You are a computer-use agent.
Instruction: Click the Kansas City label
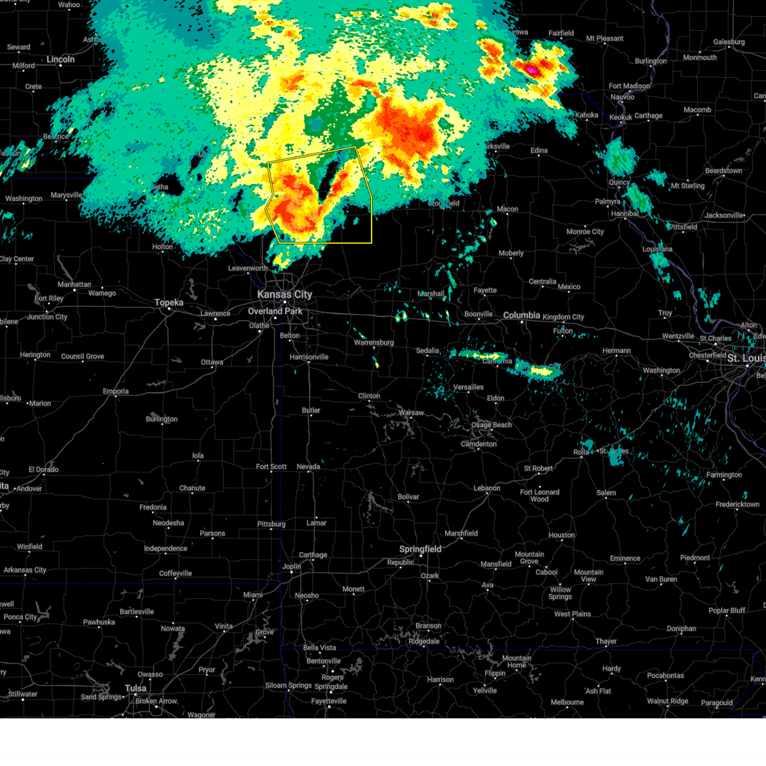285,294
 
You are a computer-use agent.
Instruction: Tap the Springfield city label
420,549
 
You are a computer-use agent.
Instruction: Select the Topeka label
169,303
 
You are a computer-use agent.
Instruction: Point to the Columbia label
522,315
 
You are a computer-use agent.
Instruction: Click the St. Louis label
746,358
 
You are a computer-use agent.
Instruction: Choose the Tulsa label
135,688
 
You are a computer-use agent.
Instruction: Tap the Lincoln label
61,59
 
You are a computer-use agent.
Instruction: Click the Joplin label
292,566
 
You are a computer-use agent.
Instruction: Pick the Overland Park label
275,311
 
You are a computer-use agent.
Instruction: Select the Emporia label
116,391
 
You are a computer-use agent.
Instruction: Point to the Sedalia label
428,350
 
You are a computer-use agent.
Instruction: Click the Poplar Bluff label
726,610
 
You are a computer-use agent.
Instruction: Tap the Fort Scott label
271,467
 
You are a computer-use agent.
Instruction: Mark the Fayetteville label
329,701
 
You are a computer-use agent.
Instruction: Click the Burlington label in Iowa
650,61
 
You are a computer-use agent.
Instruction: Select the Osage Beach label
492,424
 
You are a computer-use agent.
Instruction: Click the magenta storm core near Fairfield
530,68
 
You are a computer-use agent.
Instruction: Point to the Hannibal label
624,214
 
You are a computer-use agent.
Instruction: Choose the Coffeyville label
176,573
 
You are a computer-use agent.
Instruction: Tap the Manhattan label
74,285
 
